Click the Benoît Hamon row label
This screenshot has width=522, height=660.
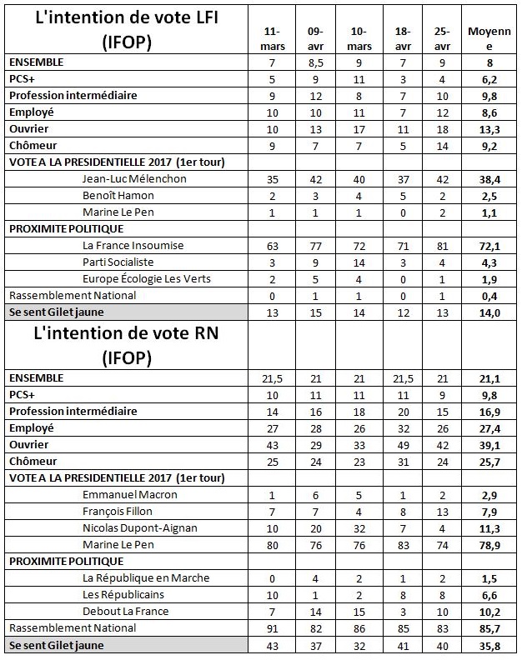click(120, 195)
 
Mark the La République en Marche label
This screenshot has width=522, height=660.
click(145, 577)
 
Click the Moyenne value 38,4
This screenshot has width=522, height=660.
click(489, 178)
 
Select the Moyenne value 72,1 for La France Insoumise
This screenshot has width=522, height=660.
click(489, 245)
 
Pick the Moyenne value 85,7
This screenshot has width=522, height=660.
click(489, 627)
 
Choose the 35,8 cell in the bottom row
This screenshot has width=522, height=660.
click(489, 644)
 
